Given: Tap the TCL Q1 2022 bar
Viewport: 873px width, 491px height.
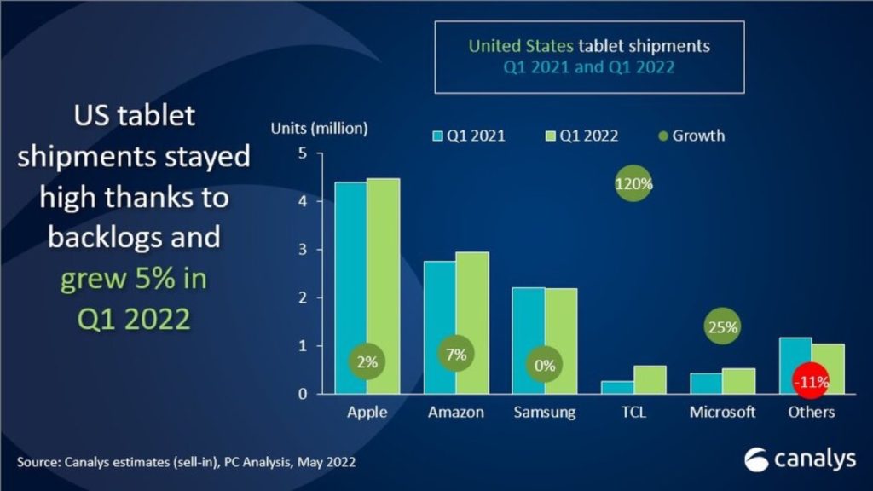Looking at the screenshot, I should click(x=650, y=380).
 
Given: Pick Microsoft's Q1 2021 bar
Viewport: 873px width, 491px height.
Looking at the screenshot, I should click(x=706, y=384).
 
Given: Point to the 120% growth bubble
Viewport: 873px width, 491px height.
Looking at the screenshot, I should click(x=633, y=183).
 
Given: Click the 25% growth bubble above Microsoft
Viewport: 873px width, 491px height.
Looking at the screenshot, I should click(x=721, y=326).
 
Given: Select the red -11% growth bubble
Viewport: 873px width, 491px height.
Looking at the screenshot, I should click(x=810, y=382).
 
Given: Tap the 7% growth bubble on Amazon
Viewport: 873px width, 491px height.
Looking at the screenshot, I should click(x=457, y=355).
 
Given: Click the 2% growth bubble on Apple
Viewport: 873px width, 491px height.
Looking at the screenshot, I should click(x=367, y=361).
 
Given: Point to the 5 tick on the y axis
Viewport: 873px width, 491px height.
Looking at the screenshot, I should click(x=299, y=153).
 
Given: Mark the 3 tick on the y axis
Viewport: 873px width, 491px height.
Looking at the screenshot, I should click(x=299, y=250).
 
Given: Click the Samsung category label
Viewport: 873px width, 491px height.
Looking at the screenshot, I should click(x=545, y=413).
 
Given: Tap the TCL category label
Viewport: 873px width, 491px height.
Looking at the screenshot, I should click(x=633, y=413).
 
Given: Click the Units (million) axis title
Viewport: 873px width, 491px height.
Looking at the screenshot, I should click(x=319, y=129).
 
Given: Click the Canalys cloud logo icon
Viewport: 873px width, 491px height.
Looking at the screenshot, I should click(x=756, y=459).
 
